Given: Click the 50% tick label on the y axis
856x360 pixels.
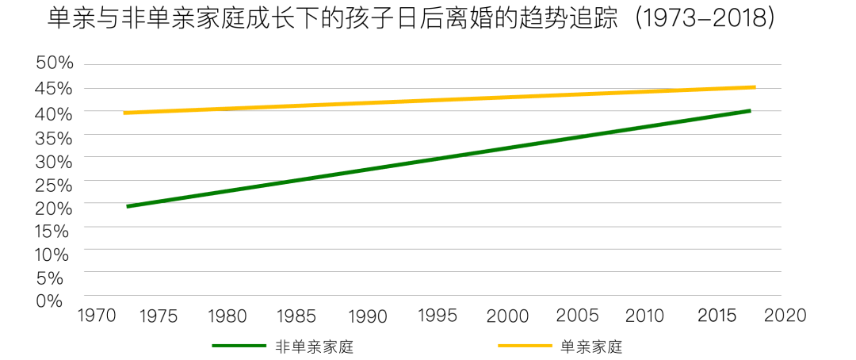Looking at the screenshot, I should point(54,63).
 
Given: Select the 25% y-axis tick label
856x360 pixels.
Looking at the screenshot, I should point(54,184).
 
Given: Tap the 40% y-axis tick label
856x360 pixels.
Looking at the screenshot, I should point(54,113).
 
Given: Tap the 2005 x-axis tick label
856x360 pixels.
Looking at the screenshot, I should point(578,316).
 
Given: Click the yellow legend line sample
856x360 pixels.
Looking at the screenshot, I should point(524,347).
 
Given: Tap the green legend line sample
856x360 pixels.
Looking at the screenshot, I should point(239,347).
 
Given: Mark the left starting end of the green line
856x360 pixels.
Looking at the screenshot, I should point(128,206).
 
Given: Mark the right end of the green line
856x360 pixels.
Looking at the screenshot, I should point(749,111).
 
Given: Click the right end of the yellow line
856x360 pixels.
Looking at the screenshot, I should point(755,87).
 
